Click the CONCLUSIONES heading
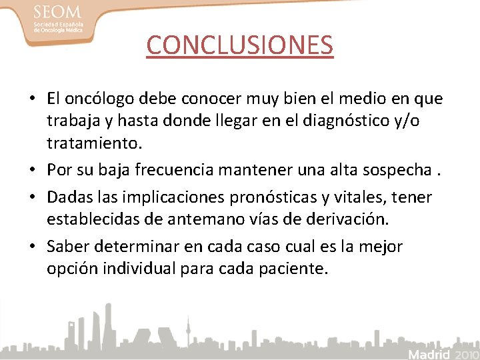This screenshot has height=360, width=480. (x=239, y=45)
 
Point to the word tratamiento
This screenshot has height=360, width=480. (x=93, y=143)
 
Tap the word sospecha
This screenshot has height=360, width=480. (x=397, y=170)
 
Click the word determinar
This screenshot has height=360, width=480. (x=139, y=247)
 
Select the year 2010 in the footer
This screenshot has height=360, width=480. (x=465, y=353)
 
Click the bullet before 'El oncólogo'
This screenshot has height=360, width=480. (x=32, y=99)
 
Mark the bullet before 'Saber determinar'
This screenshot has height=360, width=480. (x=32, y=247)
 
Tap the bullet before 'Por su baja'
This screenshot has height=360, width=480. (x=32, y=171)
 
